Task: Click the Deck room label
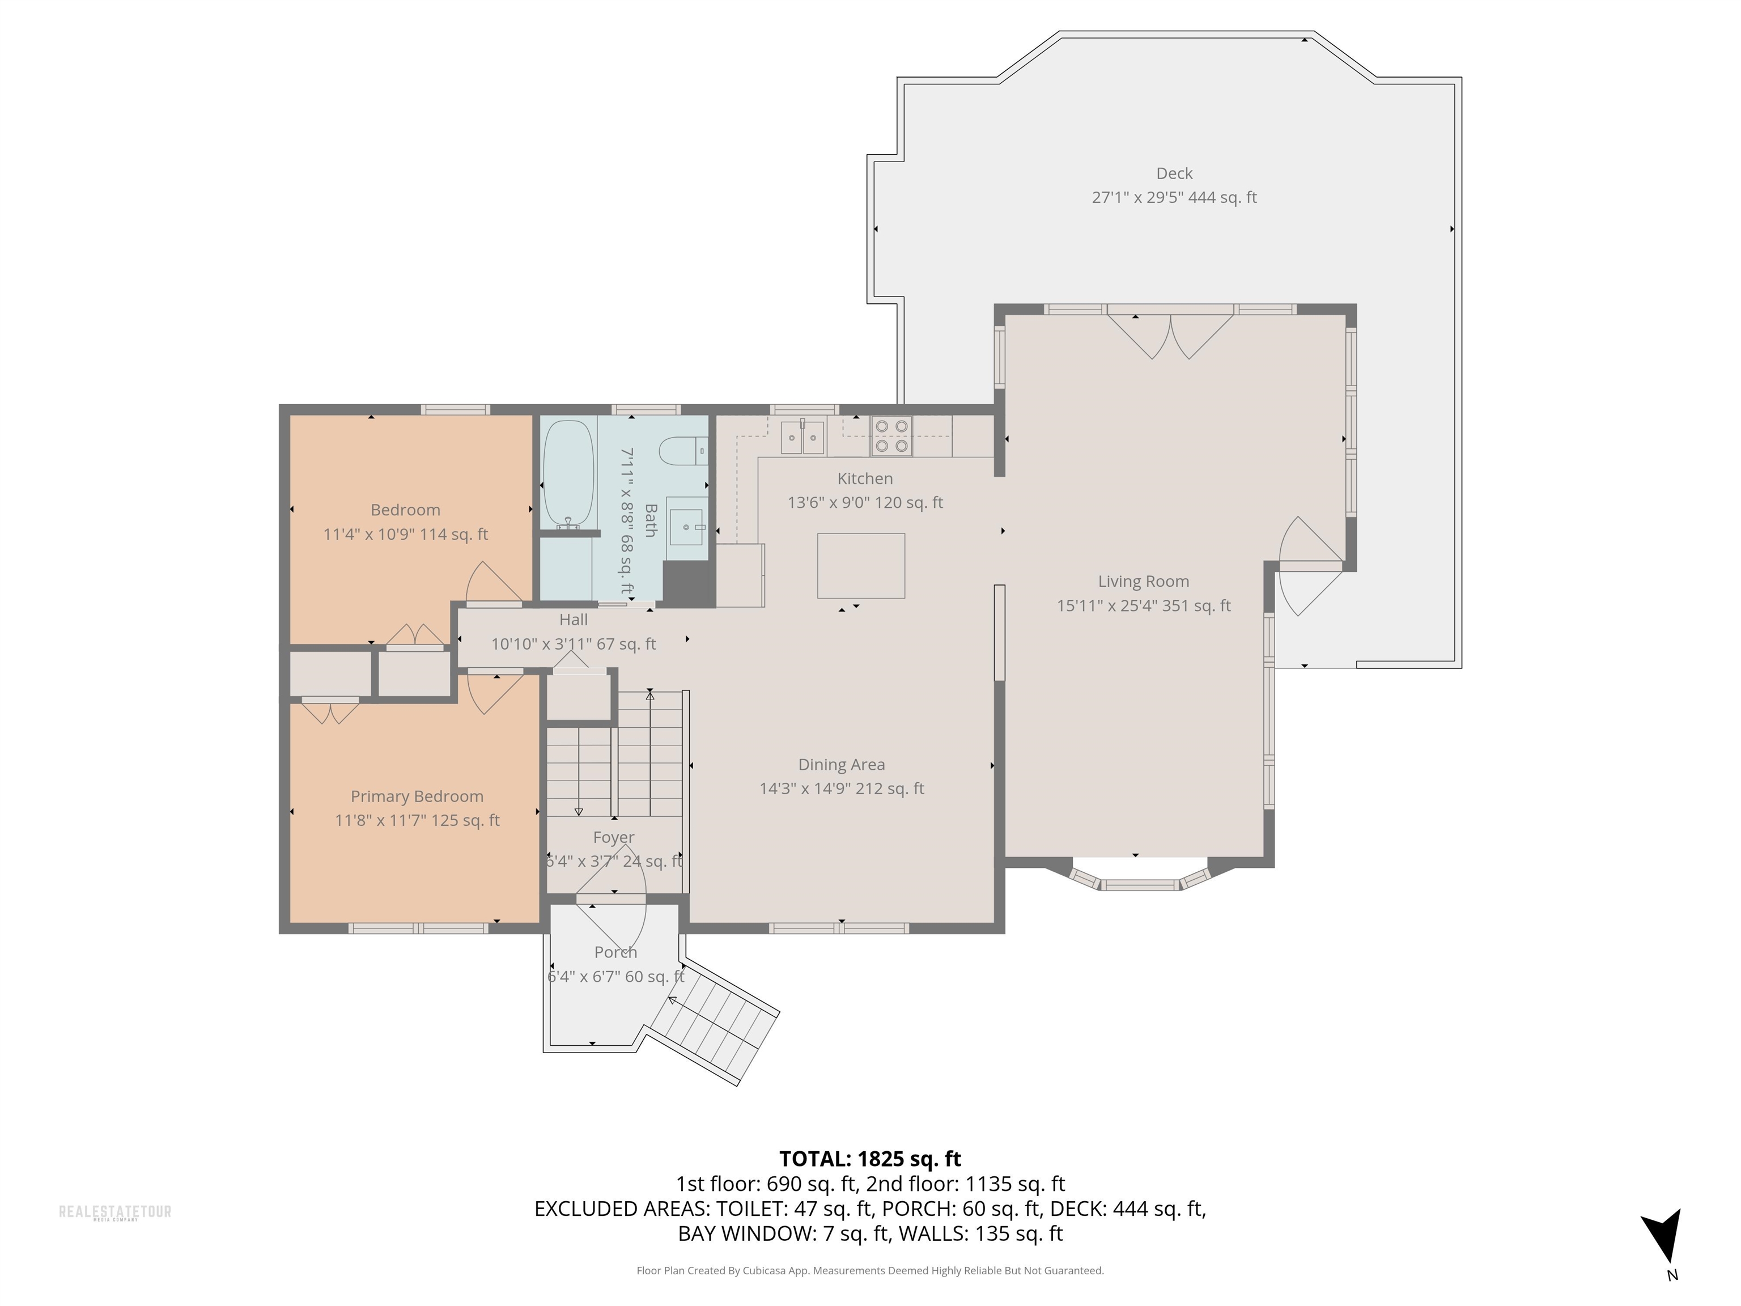click(x=1174, y=173)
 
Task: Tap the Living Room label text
click(x=1144, y=582)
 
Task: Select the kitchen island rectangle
click(x=861, y=566)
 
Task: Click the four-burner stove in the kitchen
click(x=891, y=436)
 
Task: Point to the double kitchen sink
click(x=803, y=437)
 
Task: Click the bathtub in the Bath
click(x=567, y=474)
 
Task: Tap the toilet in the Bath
click(x=683, y=452)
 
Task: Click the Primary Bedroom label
click(x=417, y=796)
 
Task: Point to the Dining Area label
click(x=842, y=765)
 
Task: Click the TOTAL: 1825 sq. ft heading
click(x=870, y=1159)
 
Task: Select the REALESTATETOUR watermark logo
click(x=115, y=1212)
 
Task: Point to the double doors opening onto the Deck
click(x=1170, y=334)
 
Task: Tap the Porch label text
click(x=615, y=952)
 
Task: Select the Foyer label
click(x=614, y=838)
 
